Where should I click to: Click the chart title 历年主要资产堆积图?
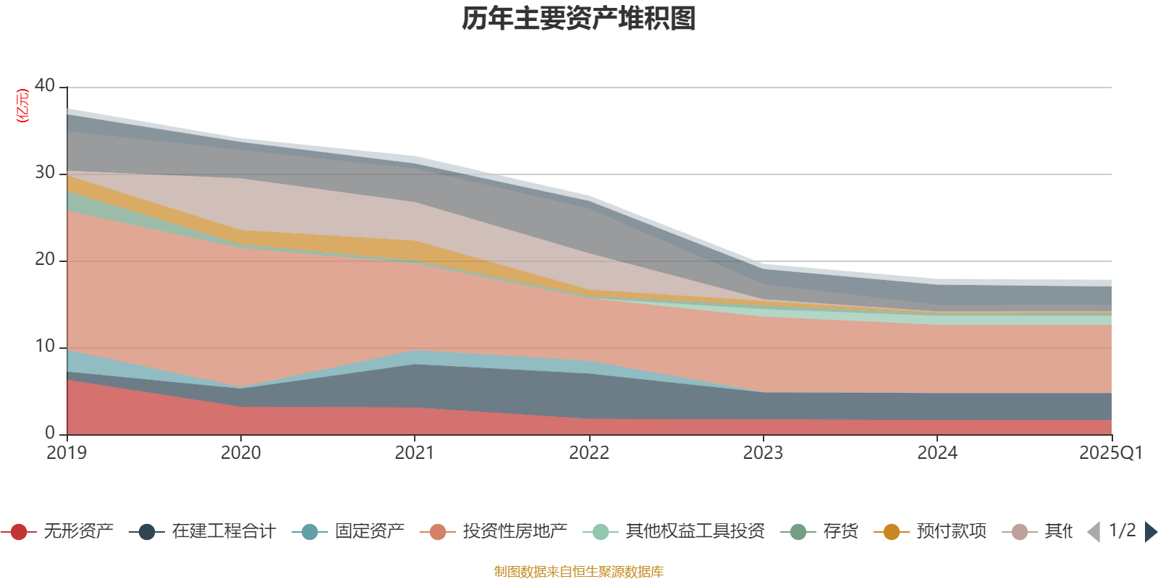coord(579,19)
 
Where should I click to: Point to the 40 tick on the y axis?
coord(45,85)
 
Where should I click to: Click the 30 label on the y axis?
coord(45,172)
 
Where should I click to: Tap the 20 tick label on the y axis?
coord(45,259)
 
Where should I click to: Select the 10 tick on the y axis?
coord(45,346)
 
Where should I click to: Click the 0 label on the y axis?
coord(50,433)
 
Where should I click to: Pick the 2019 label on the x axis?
coord(67,453)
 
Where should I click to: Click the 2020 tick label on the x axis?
coord(241,453)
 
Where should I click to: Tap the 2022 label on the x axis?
coord(589,453)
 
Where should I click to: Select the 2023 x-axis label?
coord(763,453)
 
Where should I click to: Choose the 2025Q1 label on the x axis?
coord(1110,453)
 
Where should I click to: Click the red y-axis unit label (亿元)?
coord(23,106)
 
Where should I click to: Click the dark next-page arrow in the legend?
coord(1150,532)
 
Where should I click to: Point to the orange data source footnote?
coord(578,572)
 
